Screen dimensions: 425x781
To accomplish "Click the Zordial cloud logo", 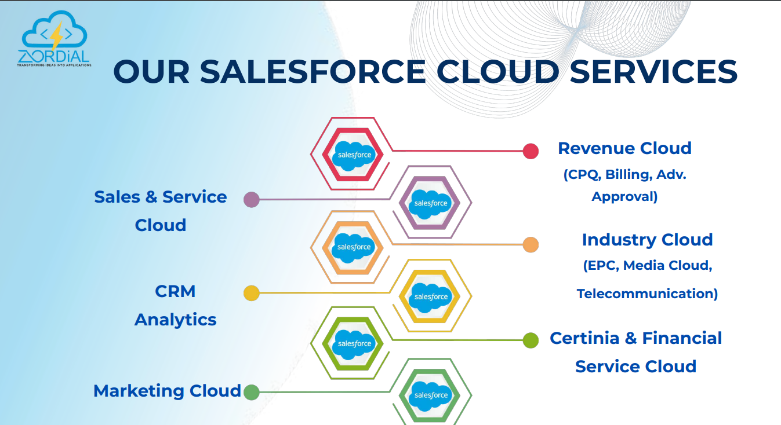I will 54,39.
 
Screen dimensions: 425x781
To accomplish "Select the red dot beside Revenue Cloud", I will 531,151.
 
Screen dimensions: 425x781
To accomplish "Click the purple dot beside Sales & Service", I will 251,200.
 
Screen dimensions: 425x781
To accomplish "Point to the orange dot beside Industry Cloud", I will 531,245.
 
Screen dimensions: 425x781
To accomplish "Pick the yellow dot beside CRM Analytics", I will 251,293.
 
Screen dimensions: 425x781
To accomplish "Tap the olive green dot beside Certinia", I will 531,340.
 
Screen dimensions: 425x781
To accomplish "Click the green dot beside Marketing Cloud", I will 251,392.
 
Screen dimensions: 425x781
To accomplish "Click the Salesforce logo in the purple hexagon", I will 430,203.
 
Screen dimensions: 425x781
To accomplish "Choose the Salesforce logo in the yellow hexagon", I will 431,296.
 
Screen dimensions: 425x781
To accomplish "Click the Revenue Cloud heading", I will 624,148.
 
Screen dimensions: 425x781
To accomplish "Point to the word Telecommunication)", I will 647,294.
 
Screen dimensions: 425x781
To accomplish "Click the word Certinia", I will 584,338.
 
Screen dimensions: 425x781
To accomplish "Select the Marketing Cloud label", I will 167,391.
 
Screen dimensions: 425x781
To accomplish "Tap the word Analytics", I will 175,320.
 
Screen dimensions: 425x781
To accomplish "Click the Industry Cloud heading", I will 647,240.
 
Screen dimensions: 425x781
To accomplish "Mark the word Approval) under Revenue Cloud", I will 624,197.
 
